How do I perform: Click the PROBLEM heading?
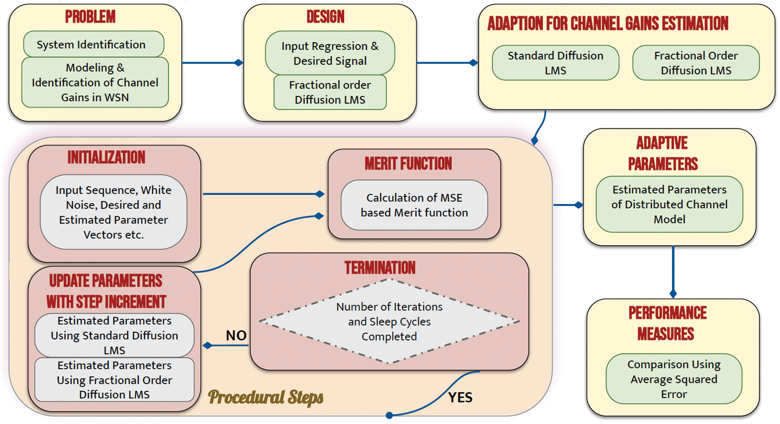pos(90,17)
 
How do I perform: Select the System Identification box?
pos(94,44)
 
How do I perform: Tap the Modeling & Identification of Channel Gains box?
pos(95,82)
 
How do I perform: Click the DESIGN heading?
pos(325,17)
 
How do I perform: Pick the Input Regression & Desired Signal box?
pos(330,53)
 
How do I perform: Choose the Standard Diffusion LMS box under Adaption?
pos(555,62)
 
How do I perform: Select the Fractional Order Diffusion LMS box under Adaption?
pos(696,62)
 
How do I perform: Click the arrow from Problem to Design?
pos(213,62)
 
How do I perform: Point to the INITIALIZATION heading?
pos(106,158)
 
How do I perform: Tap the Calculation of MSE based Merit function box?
pos(414,205)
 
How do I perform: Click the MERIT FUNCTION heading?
pos(408,164)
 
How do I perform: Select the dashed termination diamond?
pos(389,321)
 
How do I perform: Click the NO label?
pos(236,336)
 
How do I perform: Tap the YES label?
pos(460,397)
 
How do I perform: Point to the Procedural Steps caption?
pos(266,397)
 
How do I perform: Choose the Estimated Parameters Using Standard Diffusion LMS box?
pos(114,335)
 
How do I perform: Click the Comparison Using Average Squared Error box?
pos(674,379)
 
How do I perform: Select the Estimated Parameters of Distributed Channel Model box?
pos(669,204)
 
